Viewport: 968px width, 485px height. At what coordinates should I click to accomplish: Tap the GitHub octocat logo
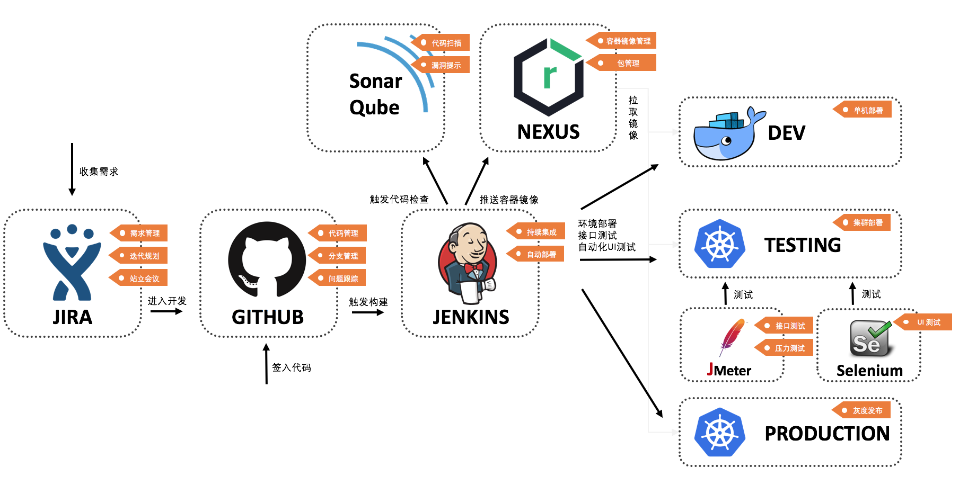[267, 259]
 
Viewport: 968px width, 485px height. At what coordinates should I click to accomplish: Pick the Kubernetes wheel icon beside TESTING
[720, 244]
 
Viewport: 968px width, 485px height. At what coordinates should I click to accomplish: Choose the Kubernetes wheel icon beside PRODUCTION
[720, 432]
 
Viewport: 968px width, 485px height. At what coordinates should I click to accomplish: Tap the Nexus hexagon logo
[549, 77]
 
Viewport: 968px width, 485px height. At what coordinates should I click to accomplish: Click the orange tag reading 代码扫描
[441, 43]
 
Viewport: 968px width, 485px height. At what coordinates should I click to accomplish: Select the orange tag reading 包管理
[622, 63]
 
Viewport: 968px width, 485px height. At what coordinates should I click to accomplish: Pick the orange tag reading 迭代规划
[139, 256]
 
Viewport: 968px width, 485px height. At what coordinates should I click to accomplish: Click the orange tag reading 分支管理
[338, 256]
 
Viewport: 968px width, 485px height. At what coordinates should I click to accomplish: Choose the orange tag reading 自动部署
[536, 254]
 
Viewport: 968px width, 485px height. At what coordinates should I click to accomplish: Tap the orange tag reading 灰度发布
[862, 410]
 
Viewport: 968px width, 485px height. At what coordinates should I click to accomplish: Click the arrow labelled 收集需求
[72, 169]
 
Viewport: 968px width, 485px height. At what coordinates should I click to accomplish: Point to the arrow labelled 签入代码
[267, 364]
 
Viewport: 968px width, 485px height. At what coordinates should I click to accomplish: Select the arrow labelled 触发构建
[367, 312]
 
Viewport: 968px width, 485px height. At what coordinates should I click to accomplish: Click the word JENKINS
[471, 317]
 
